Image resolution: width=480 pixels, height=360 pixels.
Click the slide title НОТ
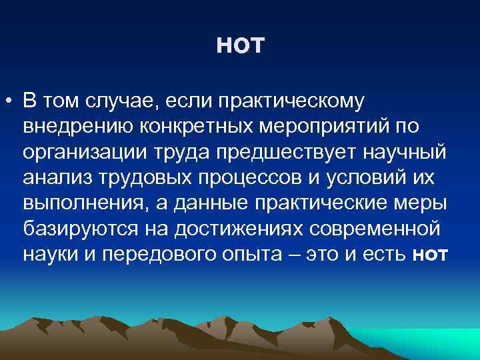pos(241,46)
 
